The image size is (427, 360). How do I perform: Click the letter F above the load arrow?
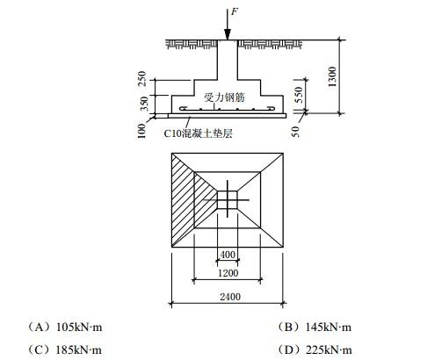click(x=235, y=11)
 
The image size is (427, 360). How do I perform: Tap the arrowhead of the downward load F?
click(x=228, y=34)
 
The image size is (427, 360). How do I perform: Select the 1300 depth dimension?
click(x=332, y=76)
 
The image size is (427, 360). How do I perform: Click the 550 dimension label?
click(x=299, y=95)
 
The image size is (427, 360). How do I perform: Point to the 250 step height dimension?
click(x=141, y=78)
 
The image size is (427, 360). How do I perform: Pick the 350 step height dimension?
click(x=144, y=104)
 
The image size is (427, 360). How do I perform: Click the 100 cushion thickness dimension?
click(x=141, y=131)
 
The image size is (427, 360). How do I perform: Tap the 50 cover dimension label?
click(x=296, y=132)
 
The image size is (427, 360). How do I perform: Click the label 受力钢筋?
click(x=224, y=97)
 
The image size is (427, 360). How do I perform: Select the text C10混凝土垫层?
click(x=198, y=133)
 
